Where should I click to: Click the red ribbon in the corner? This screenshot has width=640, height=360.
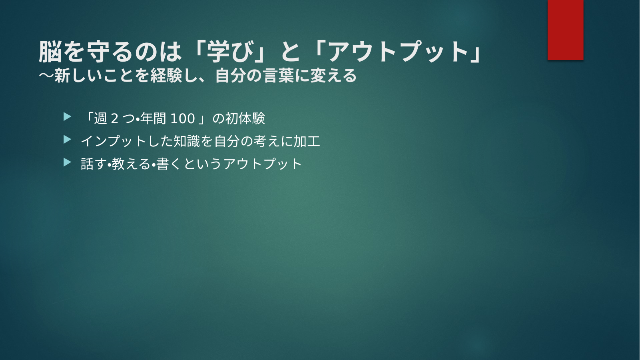point(565,30)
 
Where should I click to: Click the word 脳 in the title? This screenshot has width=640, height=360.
point(50,52)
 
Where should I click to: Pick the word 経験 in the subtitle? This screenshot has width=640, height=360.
point(166,76)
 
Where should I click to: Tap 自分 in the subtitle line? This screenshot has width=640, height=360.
point(231,76)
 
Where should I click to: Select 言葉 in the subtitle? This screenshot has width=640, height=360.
point(279,76)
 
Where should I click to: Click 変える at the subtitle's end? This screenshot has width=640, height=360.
point(333,76)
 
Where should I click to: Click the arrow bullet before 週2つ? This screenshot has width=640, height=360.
point(67,117)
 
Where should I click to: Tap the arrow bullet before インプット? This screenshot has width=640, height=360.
point(67,140)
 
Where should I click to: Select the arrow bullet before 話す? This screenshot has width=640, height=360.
point(67,162)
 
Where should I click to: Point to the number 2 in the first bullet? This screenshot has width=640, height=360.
point(114,119)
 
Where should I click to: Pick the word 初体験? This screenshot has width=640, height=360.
point(245,118)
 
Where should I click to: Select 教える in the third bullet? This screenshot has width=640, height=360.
point(131,164)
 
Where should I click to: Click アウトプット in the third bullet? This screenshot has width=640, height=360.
point(262,164)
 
